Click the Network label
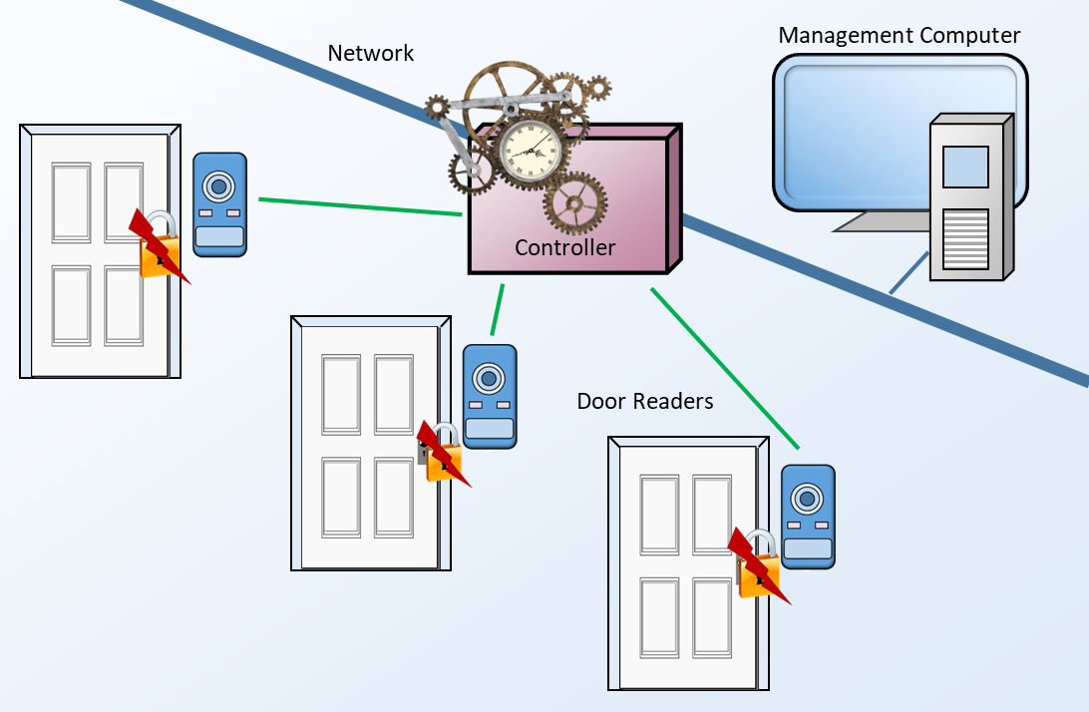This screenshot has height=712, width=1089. (x=370, y=53)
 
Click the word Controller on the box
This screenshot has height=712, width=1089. (x=564, y=247)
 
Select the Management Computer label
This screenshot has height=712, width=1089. (x=899, y=36)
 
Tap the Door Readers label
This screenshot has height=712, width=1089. (x=645, y=402)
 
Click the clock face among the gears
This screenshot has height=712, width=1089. (x=528, y=152)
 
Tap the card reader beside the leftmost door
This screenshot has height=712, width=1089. (x=219, y=204)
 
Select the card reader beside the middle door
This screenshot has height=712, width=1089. (x=490, y=396)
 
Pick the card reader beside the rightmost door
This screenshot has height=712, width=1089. (x=808, y=517)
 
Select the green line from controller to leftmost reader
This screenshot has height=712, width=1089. (x=359, y=206)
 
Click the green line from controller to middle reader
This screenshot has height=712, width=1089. (x=497, y=310)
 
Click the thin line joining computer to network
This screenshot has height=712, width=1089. (x=908, y=273)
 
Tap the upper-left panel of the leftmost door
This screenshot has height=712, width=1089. (x=71, y=202)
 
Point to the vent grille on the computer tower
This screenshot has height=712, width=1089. (x=964, y=238)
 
